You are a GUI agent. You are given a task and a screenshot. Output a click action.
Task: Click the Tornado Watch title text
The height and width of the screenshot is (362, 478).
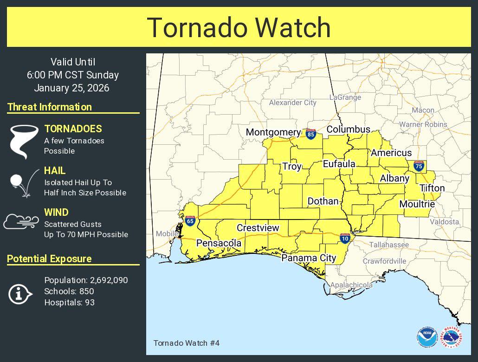[239, 27]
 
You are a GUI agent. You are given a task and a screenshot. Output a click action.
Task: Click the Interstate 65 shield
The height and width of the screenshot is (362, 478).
[190, 221]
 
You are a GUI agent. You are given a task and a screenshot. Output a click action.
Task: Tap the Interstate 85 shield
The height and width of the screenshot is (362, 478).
[311, 134]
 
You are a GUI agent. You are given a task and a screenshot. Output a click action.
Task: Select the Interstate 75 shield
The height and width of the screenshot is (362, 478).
[419, 166]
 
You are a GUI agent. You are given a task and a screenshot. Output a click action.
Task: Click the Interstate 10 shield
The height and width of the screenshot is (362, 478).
[344, 238]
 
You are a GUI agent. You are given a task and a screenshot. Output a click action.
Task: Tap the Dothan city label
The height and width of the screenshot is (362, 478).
[323, 201]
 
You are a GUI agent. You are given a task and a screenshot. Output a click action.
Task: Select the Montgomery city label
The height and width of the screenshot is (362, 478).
[273, 132]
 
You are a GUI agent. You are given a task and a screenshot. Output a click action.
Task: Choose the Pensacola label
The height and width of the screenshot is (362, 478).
[219, 243]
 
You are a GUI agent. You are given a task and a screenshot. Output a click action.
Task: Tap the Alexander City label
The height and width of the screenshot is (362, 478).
[292, 103]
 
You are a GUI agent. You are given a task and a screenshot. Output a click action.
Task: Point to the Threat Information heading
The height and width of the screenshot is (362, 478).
[50, 107]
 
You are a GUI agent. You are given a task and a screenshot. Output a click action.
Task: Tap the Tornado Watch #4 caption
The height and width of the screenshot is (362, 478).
[186, 343]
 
